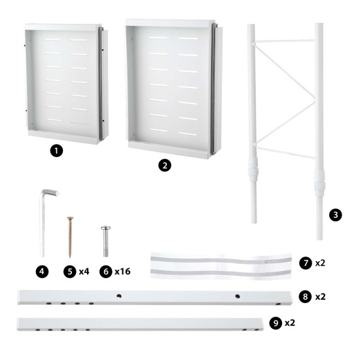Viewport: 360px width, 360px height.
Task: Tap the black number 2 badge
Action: click(x=167, y=166)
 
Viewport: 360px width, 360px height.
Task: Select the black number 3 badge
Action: click(x=335, y=215)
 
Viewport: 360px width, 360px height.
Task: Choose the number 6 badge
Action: click(x=105, y=270)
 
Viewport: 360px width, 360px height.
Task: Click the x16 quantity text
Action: click(x=122, y=270)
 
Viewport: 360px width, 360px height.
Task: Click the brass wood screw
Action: click(x=68, y=236)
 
